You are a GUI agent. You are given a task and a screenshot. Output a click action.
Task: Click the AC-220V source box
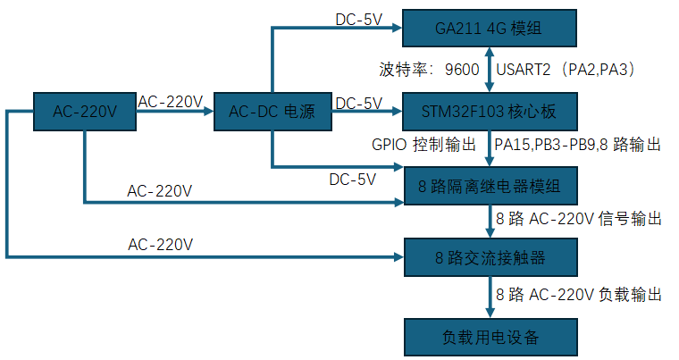[84, 112]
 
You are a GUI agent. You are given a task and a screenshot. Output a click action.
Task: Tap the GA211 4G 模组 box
[489, 28]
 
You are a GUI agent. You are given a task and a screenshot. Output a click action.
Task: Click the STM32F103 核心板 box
[489, 111]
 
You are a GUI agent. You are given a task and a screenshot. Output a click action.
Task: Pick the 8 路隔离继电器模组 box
[489, 186]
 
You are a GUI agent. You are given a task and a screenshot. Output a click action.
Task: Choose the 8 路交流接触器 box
[489, 258]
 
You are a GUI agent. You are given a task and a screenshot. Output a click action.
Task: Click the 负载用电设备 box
[489, 338]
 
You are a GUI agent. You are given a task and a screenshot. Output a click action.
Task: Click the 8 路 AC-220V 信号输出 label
[578, 219]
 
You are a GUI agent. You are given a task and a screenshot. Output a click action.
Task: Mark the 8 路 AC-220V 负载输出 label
[578, 294]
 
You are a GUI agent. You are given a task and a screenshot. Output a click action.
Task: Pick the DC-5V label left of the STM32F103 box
[359, 102]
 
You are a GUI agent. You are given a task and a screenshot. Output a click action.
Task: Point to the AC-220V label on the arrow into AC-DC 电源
[171, 101]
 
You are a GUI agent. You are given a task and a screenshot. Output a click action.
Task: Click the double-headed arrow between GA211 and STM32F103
[489, 69]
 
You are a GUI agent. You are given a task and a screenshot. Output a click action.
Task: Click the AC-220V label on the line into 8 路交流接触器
[160, 244]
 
